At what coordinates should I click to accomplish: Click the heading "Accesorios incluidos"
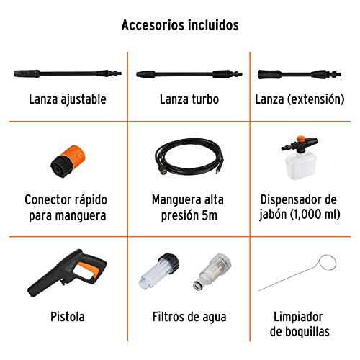click(x=179, y=25)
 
